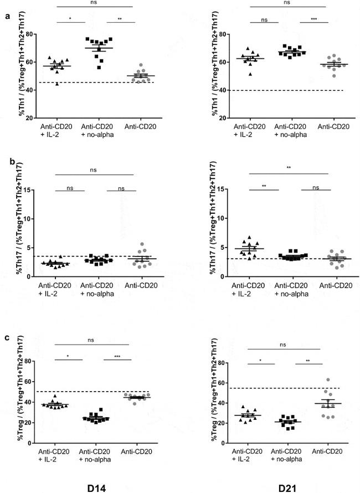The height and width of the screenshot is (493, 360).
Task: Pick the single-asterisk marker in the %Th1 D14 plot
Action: pos(70,19)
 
